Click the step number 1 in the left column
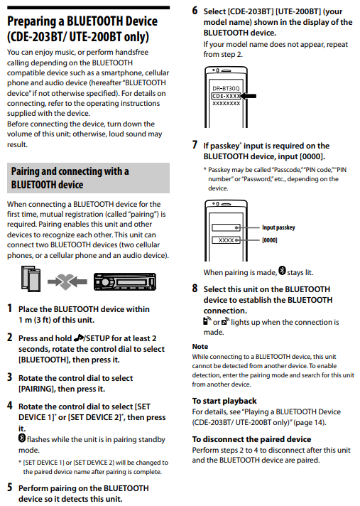(9, 308)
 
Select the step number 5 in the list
(9, 488)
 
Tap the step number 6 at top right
(195, 11)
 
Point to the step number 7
(195, 145)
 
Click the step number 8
(195, 289)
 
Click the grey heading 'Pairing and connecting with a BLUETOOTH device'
(88, 178)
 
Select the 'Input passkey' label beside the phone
(278, 227)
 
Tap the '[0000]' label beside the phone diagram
(270, 240)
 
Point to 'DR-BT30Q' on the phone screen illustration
(225, 89)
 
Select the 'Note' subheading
(200, 346)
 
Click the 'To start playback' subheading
(224, 401)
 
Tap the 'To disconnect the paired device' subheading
(251, 439)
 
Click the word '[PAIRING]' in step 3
(40, 389)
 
